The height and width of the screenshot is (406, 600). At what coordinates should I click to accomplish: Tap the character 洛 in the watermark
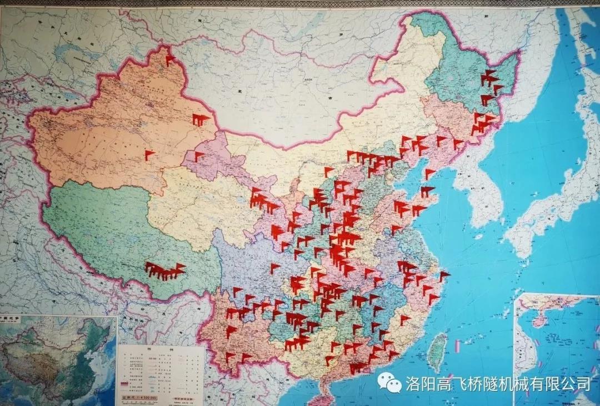[x=412, y=383]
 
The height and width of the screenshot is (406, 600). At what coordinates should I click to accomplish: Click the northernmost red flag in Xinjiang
[x=169, y=59]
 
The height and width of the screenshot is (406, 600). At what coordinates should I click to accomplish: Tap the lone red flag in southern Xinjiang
[x=149, y=155]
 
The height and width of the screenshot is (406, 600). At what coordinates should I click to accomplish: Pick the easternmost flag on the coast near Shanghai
[x=444, y=276]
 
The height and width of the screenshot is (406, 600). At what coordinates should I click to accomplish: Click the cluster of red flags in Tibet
[x=164, y=271]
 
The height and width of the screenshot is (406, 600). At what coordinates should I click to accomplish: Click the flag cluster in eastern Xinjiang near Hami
[x=200, y=119]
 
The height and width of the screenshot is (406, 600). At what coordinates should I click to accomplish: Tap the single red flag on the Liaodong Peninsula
[x=429, y=174]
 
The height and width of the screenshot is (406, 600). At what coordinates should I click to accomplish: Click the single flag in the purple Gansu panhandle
[x=198, y=156]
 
